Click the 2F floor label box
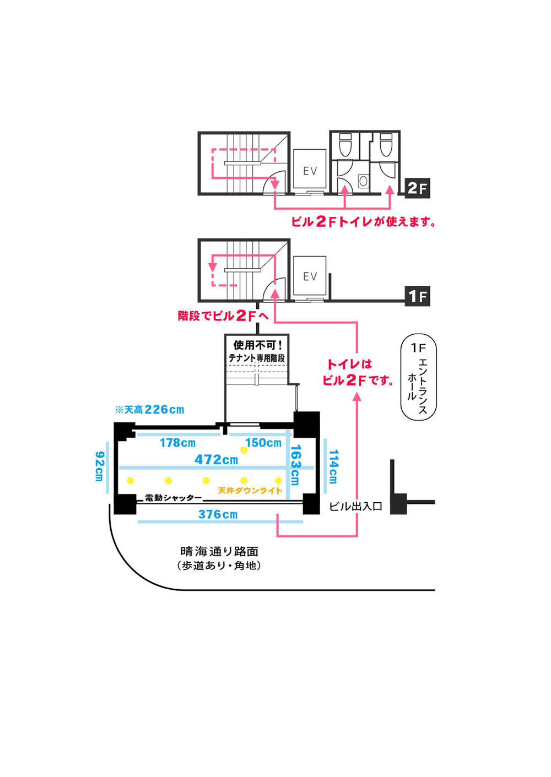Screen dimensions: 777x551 tap(417, 188)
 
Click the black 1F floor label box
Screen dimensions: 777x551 tap(417, 296)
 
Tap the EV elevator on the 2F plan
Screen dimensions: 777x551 tap(310, 171)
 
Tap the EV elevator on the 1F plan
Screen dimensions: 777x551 tap(310, 276)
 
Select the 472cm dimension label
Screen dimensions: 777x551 tap(216, 459)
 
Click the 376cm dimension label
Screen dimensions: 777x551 tap(218, 514)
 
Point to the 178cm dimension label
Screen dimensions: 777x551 tap(177, 443)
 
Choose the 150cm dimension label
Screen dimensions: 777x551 tap(263, 443)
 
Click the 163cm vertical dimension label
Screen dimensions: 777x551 tap(295, 465)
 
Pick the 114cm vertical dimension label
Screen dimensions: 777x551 tap(333, 466)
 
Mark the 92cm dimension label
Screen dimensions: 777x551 tap(99, 466)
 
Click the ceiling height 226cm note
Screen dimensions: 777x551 tap(149, 410)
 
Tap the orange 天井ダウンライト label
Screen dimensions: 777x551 tap(250, 490)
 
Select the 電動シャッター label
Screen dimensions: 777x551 tap(173, 498)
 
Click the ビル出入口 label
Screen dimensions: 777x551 tap(355, 507)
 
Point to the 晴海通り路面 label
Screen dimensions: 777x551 tap(219, 551)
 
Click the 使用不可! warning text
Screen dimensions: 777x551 tap(257, 345)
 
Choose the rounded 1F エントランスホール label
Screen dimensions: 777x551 tap(418, 377)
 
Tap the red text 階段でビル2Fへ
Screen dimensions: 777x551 tap(223, 316)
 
